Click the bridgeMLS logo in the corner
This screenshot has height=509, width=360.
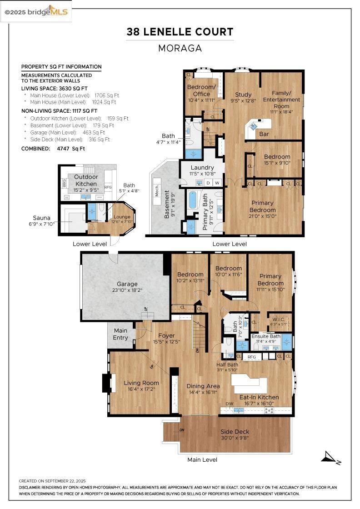[x=36, y=12]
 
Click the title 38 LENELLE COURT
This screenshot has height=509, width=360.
[x=180, y=32]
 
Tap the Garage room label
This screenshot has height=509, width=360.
[x=127, y=284]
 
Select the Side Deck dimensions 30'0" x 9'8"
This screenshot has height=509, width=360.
[x=235, y=439]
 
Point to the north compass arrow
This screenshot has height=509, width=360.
[x=330, y=457]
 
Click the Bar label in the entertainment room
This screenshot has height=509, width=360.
[x=264, y=135]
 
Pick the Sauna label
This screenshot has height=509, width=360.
[x=41, y=218]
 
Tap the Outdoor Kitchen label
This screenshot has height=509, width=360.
[x=86, y=180]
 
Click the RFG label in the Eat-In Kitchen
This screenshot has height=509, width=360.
[x=252, y=357]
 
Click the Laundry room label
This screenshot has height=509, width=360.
[x=202, y=168]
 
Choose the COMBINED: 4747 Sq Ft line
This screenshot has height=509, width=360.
[x=53, y=149]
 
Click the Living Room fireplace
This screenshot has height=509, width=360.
[x=106, y=383]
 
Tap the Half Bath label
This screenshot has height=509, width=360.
[x=226, y=364]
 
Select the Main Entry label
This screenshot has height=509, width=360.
[x=120, y=334]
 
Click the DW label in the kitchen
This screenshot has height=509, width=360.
[x=229, y=404]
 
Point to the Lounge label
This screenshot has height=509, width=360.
[x=121, y=217]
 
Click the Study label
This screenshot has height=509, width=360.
[x=243, y=95]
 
